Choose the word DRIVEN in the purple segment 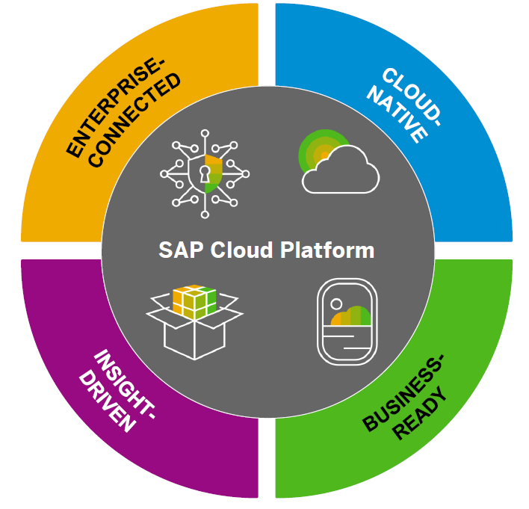[x=108, y=400]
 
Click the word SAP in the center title [x=178, y=250]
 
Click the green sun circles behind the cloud [x=318, y=146]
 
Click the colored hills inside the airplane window [x=351, y=317]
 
